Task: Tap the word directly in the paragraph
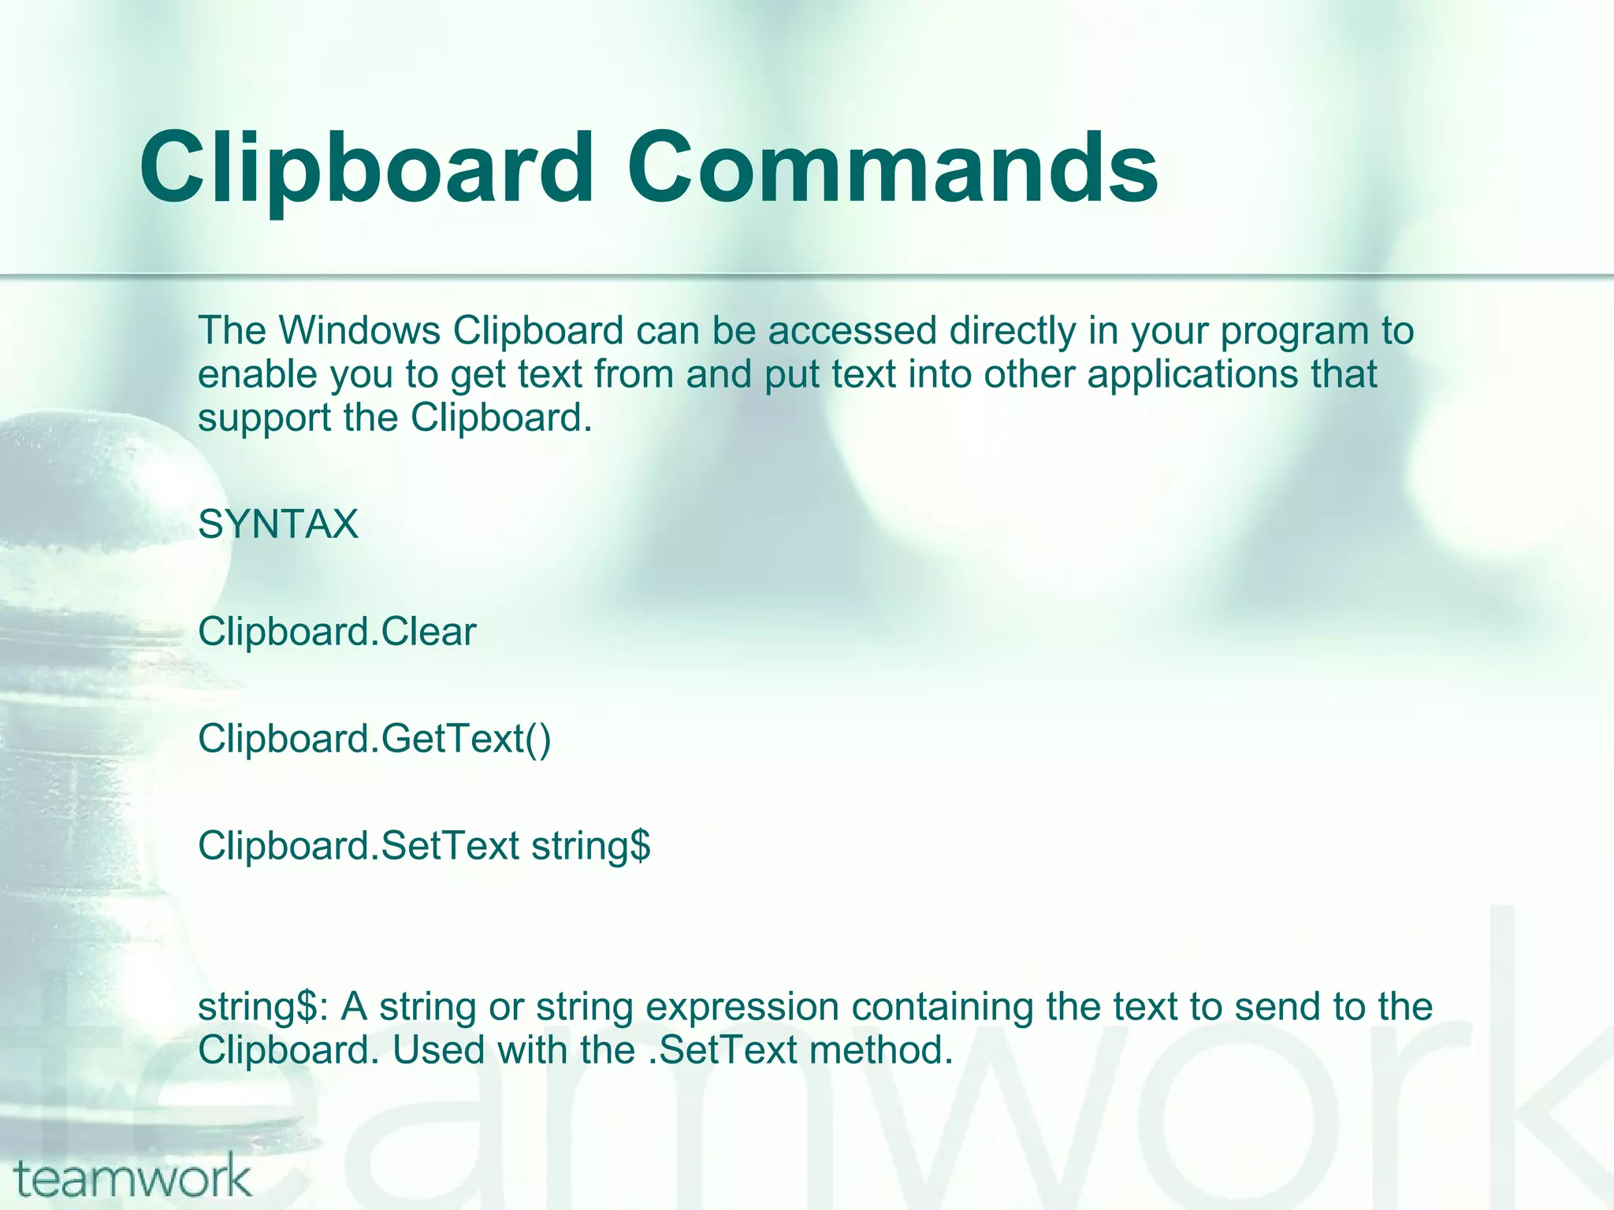coord(1012,331)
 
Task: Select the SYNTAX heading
coord(278,525)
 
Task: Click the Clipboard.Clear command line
coord(337,632)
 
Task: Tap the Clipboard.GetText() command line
coord(374,739)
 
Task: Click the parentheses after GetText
coord(539,739)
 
